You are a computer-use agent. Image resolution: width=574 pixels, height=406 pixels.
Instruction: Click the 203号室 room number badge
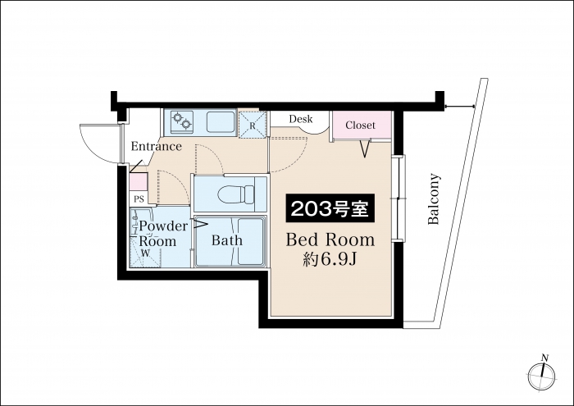(330, 208)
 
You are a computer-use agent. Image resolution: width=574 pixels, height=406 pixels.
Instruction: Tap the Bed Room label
(330, 239)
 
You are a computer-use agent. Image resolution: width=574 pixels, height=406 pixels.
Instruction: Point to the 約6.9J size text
(330, 259)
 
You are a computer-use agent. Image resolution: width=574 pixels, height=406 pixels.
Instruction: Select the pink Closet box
(362, 125)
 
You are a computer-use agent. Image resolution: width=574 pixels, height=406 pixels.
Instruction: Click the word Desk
(301, 119)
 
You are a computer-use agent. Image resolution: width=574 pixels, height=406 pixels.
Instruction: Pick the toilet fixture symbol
(236, 194)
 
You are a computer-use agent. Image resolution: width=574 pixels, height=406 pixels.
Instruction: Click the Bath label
(227, 240)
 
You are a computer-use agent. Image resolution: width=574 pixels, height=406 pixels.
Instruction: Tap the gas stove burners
(182, 121)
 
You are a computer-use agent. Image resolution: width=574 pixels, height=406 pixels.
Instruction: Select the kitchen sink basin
(221, 122)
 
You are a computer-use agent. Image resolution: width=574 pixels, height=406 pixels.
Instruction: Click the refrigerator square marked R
(253, 125)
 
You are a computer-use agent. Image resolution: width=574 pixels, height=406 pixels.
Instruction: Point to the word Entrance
(157, 147)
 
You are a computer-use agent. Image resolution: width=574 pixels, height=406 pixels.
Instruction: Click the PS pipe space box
(139, 199)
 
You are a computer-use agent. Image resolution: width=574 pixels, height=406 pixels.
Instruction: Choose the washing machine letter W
(146, 253)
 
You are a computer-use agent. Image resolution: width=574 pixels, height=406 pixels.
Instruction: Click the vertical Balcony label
(434, 198)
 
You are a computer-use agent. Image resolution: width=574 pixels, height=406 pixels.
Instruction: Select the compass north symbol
(542, 373)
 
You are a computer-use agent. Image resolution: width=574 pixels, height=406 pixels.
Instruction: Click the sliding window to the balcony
(399, 198)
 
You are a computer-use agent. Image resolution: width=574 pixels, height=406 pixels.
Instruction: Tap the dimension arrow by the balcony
(460, 107)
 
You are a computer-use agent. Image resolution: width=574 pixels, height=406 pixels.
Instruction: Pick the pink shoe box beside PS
(139, 182)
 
